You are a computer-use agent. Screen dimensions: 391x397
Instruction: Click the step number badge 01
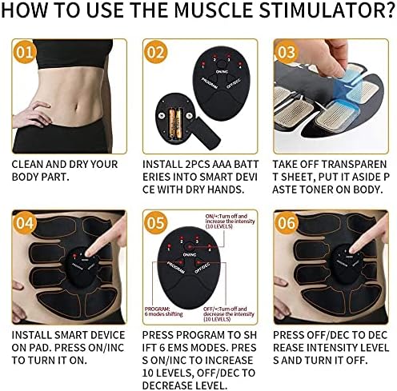point(26,54)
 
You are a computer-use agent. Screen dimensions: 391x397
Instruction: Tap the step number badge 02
point(156,54)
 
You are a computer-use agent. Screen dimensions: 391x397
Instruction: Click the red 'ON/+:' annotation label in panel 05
point(214,217)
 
